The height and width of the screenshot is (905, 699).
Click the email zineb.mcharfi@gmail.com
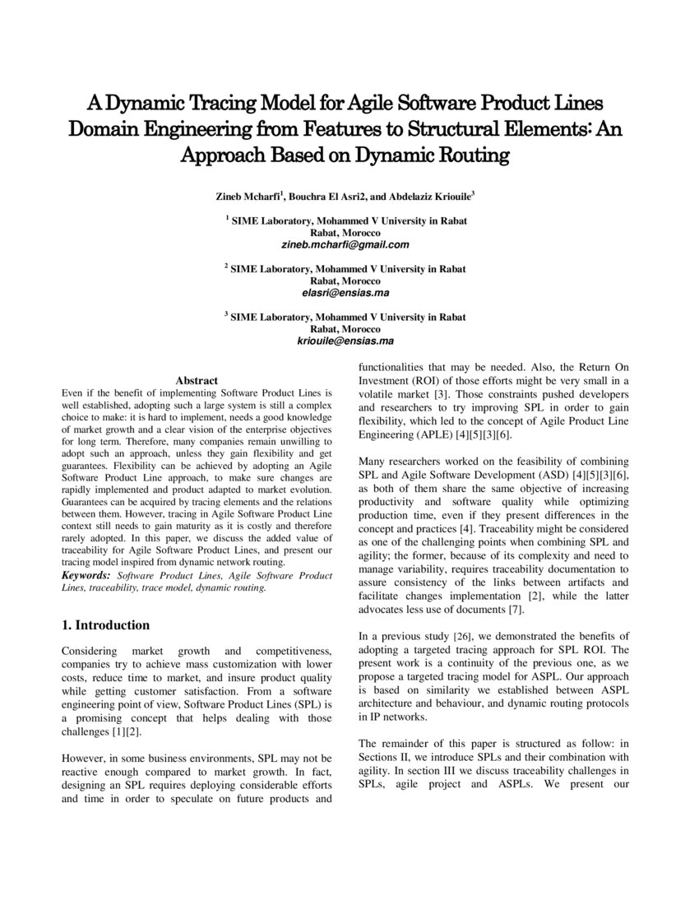[345, 244]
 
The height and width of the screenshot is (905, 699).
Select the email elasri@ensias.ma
[345, 292]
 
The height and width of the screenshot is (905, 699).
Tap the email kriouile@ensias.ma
[345, 341]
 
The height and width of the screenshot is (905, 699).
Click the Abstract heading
[197, 380]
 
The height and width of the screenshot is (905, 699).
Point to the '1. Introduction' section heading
[106, 625]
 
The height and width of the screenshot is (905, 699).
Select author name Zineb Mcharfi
[247, 197]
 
